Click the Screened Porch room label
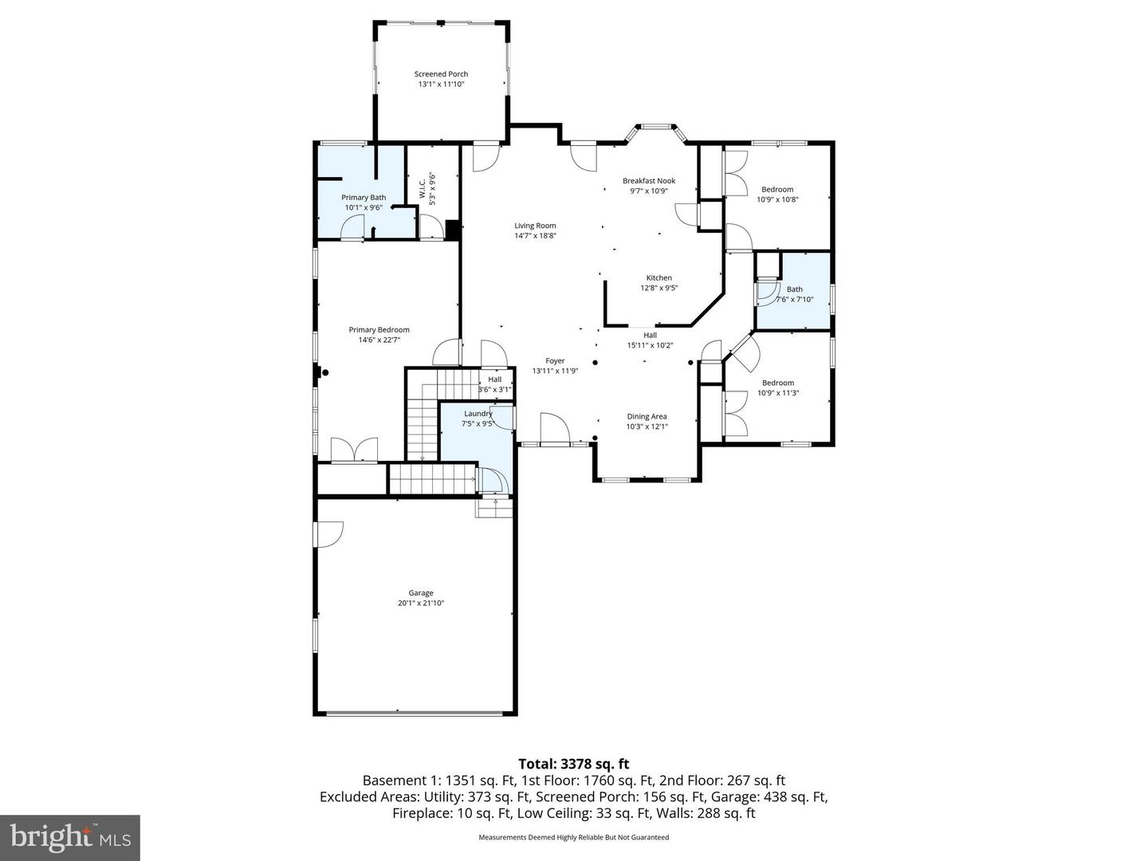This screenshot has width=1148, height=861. coord(441,74)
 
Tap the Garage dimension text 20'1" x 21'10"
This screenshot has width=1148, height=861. coord(421,603)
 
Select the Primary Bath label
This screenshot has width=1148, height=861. coord(364,198)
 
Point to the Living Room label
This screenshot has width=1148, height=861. coord(535,226)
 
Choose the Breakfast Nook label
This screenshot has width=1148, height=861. coord(649,181)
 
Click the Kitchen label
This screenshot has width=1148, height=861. coord(659,278)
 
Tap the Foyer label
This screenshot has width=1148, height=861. coord(555,361)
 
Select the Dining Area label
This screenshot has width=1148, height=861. coord(647,416)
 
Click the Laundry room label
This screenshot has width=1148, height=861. coord(478,414)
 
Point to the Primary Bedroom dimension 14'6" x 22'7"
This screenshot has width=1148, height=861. coord(379,340)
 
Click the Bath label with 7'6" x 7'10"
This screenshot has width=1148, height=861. coord(794,289)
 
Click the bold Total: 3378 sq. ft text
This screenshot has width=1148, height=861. coord(573,764)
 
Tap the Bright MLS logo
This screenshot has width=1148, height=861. coord(70,838)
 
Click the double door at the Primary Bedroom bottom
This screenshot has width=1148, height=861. coord(354,450)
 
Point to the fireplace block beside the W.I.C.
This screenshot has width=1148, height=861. coord(453,230)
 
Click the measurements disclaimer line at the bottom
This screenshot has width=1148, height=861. coord(573,837)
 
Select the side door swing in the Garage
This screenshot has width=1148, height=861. coord(329,533)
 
